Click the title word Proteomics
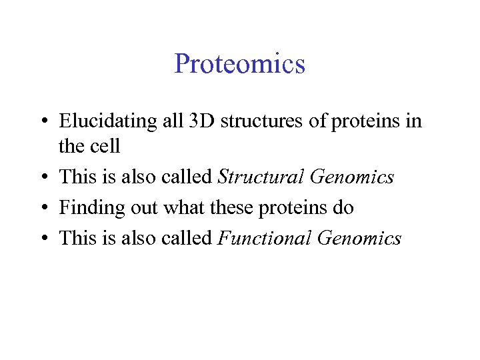(239, 64)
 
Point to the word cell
(105, 145)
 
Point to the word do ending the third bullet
(343, 208)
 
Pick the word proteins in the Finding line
(289, 209)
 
